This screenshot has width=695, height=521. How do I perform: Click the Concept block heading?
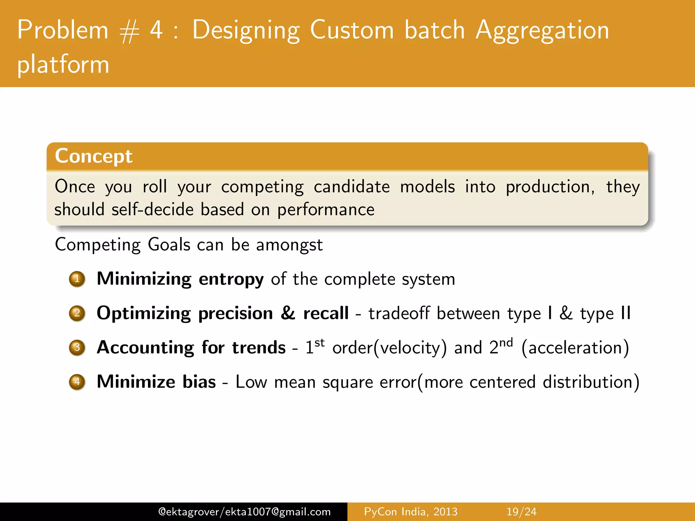(94, 156)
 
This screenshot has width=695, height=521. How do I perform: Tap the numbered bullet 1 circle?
(77, 279)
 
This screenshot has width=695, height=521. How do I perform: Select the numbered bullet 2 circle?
(77, 313)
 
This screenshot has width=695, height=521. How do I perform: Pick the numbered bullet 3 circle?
(77, 348)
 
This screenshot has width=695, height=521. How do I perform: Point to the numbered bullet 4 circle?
(77, 382)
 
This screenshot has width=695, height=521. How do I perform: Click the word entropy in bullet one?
(231, 279)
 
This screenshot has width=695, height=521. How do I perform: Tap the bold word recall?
(326, 313)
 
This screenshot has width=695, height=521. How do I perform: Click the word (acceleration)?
(575, 348)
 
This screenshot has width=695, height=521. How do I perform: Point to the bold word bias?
(199, 382)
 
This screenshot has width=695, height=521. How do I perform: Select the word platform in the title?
(63, 64)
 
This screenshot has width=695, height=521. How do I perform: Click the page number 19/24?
(521, 512)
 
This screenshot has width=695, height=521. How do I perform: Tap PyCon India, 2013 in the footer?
(411, 512)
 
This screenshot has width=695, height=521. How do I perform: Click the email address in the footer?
(244, 512)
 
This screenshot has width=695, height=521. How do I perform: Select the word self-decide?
(152, 210)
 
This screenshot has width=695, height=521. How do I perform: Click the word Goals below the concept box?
(169, 245)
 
